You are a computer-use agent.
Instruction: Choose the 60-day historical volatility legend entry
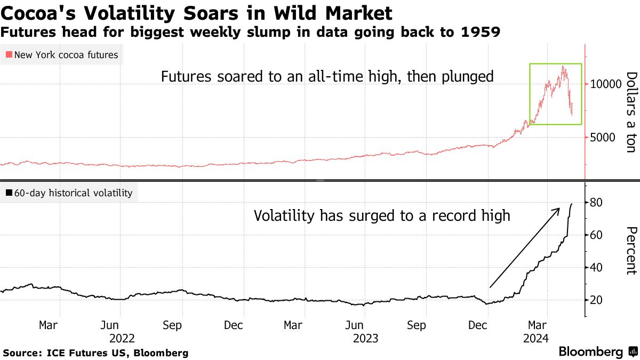click(x=69, y=193)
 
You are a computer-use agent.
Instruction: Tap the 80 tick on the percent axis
click(x=596, y=203)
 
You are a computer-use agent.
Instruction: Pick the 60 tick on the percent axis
click(x=596, y=235)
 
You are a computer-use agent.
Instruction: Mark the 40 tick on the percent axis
click(x=596, y=268)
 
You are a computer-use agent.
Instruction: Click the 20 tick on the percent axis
click(x=596, y=300)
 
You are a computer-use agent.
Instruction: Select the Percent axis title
click(x=631, y=251)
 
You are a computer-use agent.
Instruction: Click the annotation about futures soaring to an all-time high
click(x=327, y=77)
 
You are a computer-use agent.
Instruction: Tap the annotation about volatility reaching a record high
click(x=381, y=216)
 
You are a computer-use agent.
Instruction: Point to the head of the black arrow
click(x=558, y=209)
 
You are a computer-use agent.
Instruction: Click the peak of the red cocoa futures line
click(x=563, y=66)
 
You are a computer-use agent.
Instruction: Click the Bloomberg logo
click(x=591, y=352)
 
